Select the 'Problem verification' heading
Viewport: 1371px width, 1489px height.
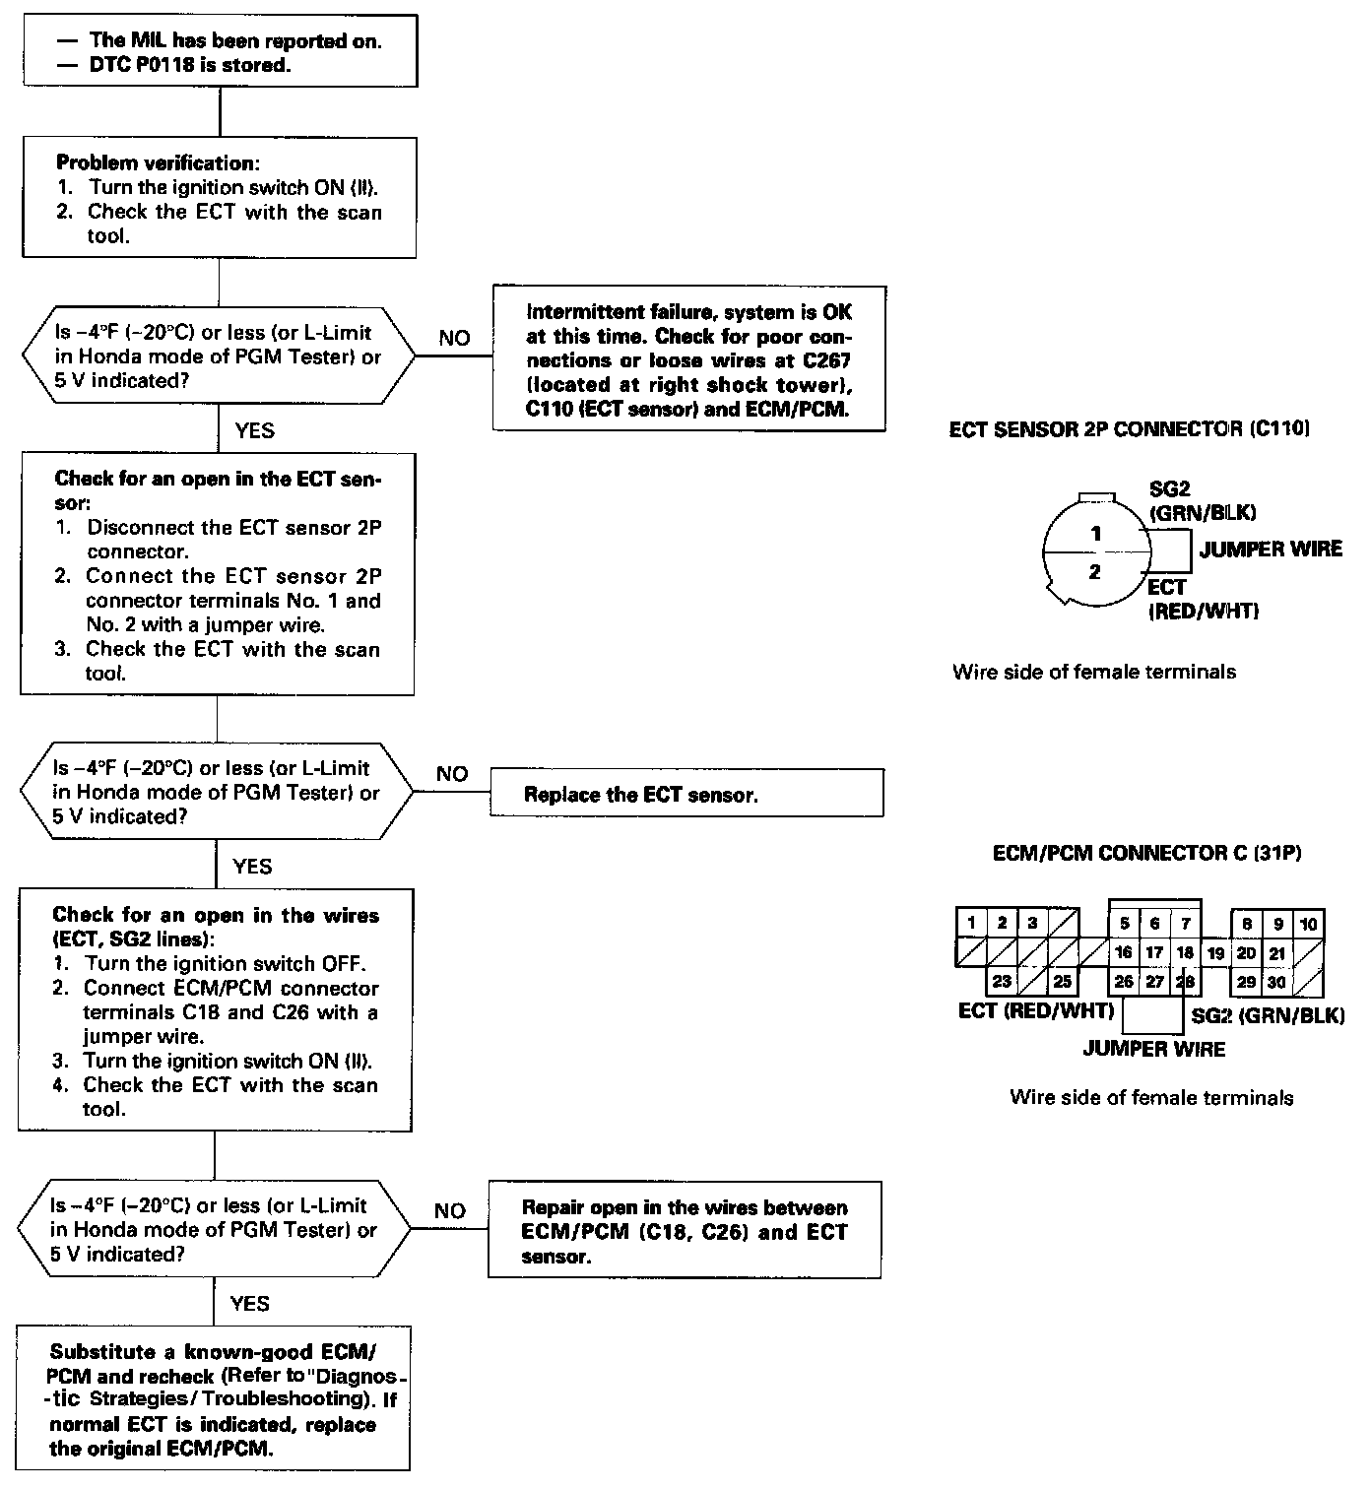coord(158,162)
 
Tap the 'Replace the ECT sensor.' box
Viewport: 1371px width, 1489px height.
coord(686,794)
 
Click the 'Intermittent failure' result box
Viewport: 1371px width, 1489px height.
coord(688,359)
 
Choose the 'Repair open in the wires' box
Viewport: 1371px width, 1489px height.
coord(685,1231)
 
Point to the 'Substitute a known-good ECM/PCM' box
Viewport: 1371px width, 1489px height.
coord(214,1399)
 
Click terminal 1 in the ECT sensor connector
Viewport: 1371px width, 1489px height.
coord(1095,535)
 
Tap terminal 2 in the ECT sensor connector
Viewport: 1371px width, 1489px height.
coord(1094,572)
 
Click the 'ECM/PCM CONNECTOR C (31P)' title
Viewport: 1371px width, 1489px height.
coord(1146,854)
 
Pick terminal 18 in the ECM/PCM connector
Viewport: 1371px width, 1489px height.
coord(1185,953)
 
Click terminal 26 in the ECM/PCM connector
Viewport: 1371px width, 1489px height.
coord(1124,982)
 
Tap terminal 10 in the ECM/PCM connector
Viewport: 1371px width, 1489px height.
coord(1308,924)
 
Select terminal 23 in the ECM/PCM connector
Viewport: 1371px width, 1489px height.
coord(1002,982)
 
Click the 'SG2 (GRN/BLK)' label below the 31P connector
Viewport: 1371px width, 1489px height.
coord(1268,1016)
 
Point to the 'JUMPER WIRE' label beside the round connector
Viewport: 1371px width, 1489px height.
coord(1271,550)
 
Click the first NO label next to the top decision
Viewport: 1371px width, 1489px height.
coord(454,338)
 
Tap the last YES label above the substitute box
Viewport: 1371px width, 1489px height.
coord(249,1304)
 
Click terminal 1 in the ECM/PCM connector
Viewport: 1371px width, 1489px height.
coord(971,924)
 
